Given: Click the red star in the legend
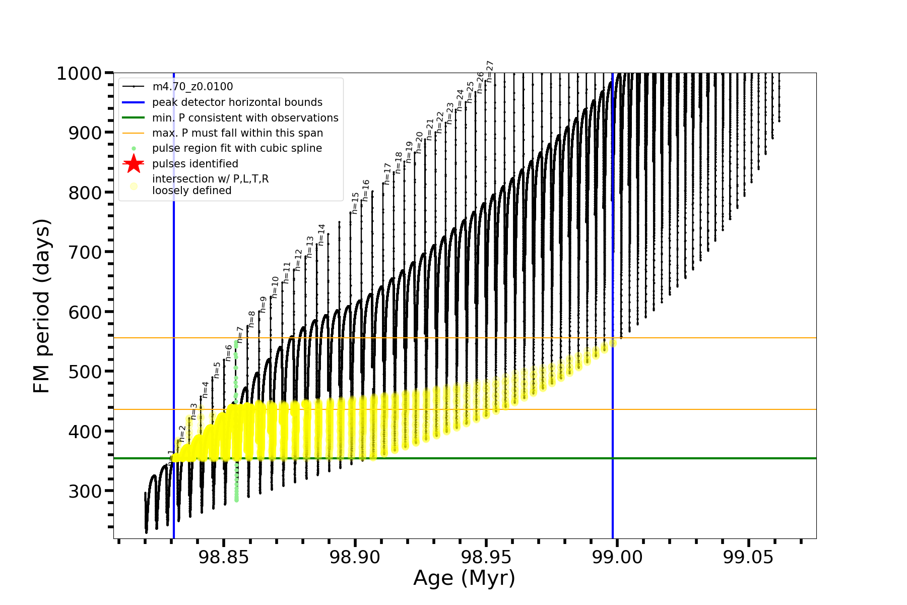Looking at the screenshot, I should coord(134,163).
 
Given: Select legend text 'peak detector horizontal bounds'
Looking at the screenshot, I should coord(237,102).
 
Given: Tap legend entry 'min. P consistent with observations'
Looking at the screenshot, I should coord(245,117).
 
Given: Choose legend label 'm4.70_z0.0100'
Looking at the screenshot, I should coord(192,87).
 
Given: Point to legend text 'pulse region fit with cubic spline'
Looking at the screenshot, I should coord(237,148).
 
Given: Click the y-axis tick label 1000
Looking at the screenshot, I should coord(79,74).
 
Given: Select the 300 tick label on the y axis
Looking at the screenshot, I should coord(85,491).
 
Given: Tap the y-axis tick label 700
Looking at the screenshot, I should coord(85,252).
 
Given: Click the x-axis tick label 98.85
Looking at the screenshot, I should coord(224,557).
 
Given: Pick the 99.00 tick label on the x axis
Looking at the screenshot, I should coord(617,557).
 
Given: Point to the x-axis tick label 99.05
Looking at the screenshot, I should coord(748,557).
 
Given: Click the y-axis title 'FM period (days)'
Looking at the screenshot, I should coord(41,306).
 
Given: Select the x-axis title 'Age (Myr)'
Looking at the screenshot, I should coord(464,578).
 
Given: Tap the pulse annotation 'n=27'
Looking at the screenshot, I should coord(489,72).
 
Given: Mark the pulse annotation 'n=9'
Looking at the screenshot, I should coord(263,305).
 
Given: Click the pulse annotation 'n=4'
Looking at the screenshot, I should coord(205,390).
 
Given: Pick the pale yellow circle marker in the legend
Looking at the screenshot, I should coord(134,186).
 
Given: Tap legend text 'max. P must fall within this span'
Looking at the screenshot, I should coord(237,133).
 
